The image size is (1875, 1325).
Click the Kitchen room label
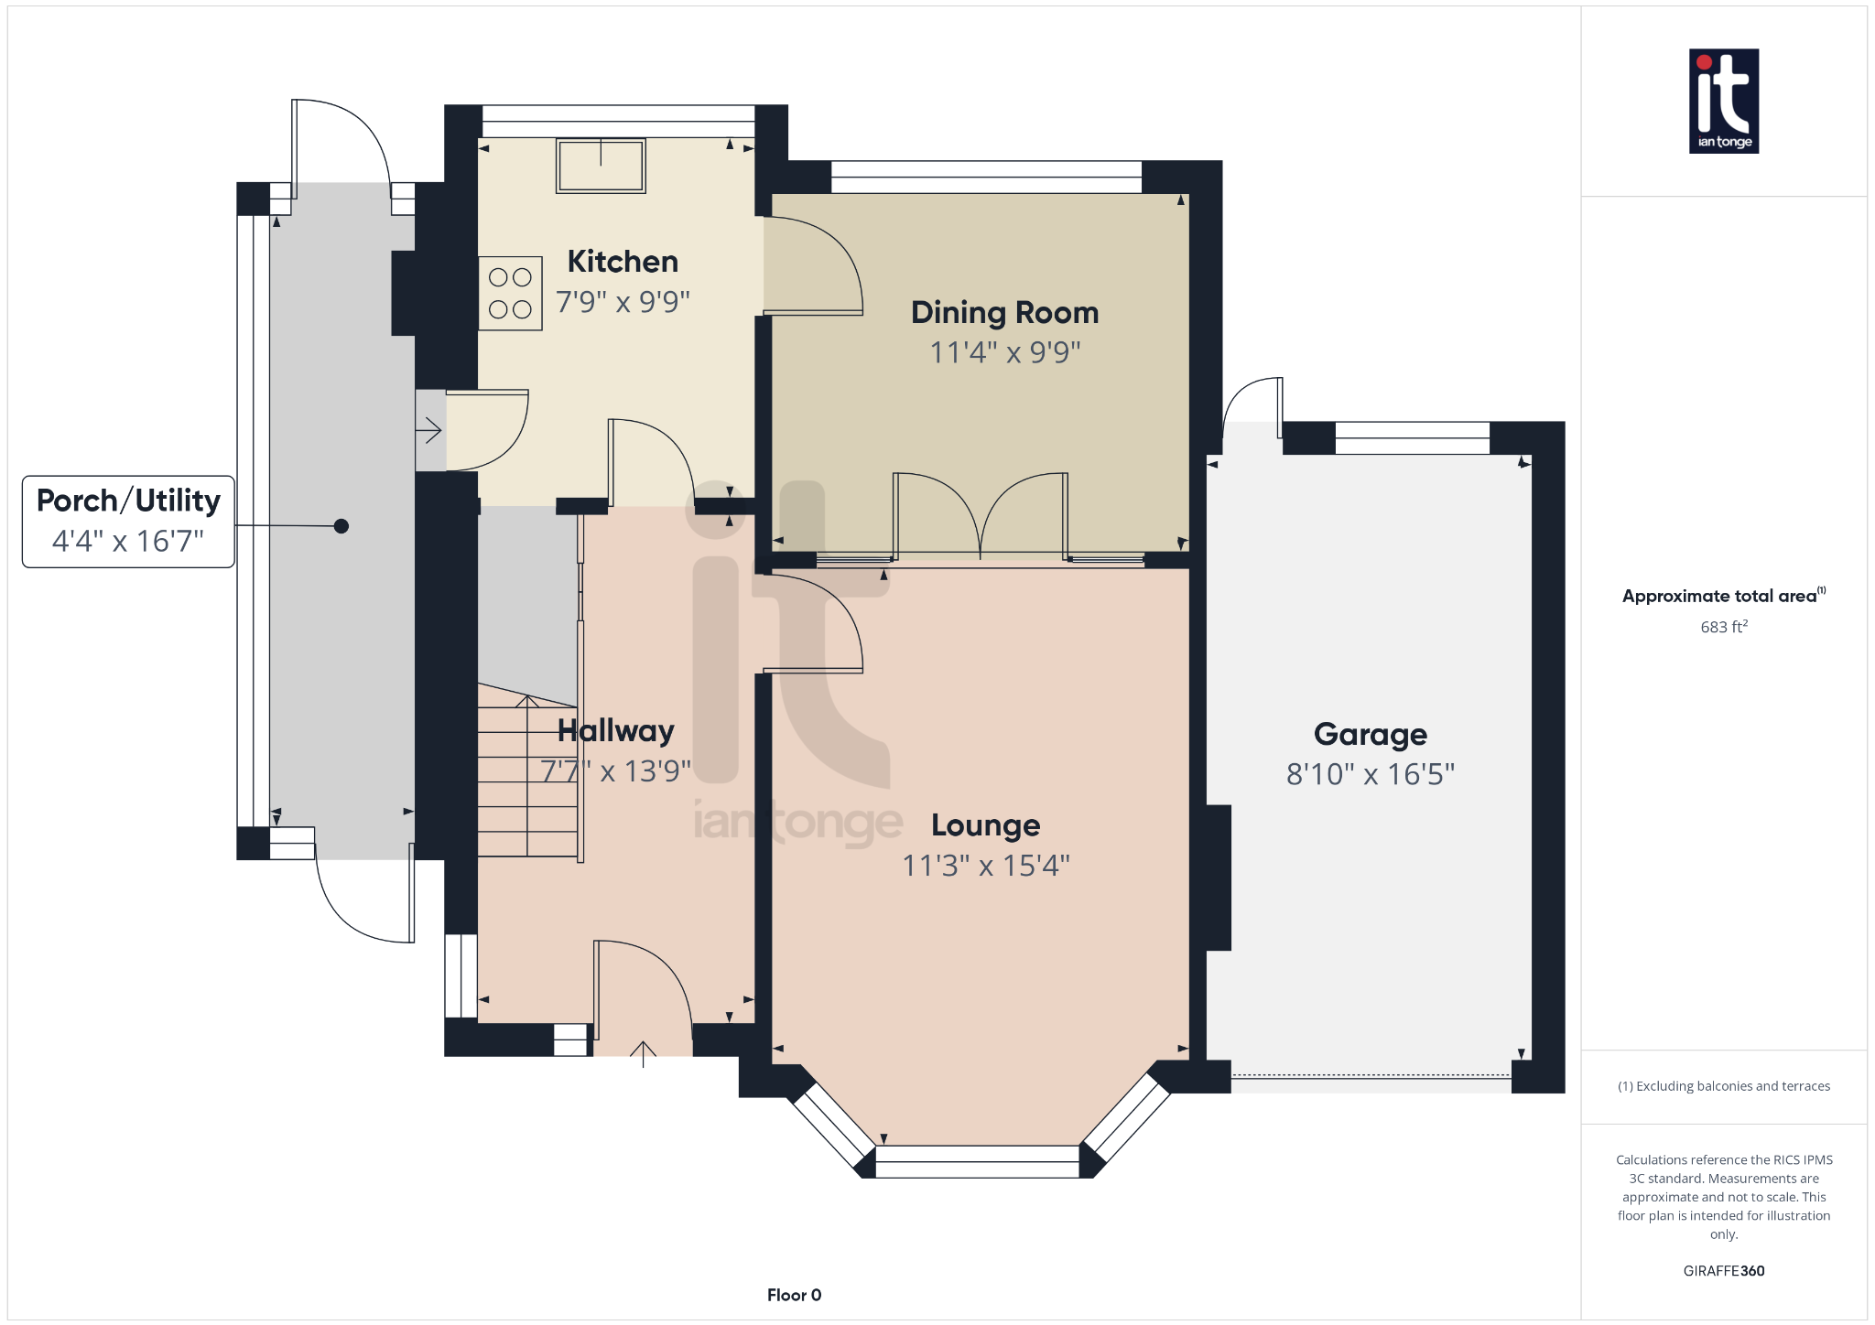(623, 262)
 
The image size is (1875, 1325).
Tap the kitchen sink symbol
(601, 166)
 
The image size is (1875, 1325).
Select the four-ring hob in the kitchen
(510, 293)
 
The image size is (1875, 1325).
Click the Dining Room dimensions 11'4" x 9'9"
(1004, 352)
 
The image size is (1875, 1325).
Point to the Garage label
(1370, 735)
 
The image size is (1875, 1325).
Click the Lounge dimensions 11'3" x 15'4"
(985, 866)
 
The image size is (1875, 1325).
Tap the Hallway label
(615, 731)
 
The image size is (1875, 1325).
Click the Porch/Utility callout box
(128, 522)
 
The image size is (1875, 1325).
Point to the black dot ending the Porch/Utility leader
(341, 526)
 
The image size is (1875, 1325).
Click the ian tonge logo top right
(1723, 101)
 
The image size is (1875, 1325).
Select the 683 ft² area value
(1723, 627)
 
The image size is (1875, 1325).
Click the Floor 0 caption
(794, 1295)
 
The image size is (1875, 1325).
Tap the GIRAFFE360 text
(1723, 1271)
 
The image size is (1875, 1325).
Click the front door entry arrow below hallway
(643, 1054)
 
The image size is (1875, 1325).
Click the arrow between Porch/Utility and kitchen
(429, 430)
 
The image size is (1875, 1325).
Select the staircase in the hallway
(527, 778)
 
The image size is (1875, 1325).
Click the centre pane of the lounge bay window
(977, 1162)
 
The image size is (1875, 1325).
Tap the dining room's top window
(986, 177)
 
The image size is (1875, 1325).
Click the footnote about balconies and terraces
(1723, 1086)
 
